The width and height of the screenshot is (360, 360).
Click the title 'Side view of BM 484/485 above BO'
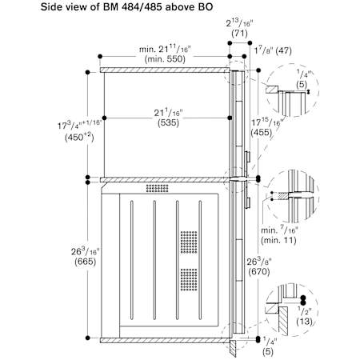tap(126, 7)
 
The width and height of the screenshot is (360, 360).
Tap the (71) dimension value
tap(239, 34)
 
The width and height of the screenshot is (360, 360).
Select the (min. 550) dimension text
tap(165, 59)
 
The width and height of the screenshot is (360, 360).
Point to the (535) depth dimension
tap(168, 123)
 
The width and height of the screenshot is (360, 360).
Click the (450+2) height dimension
tap(79, 138)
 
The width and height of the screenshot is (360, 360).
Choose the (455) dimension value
tap(262, 133)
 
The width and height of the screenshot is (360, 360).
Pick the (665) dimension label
tap(86, 262)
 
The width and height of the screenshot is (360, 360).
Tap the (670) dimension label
tap(259, 272)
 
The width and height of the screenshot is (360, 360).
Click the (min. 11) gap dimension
tap(278, 241)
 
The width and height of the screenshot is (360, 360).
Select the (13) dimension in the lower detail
tap(304, 322)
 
